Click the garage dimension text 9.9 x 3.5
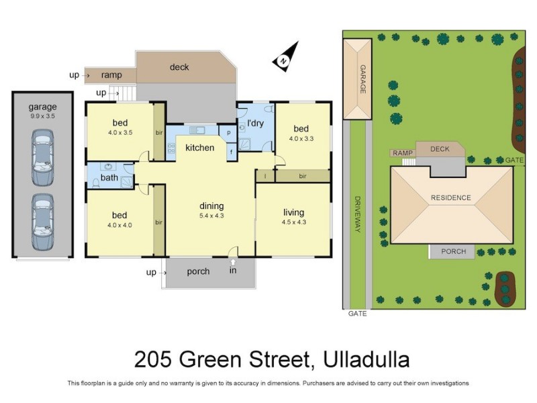[x=42, y=116]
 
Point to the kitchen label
[x=199, y=148]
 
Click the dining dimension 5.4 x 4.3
[x=211, y=216]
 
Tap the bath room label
[x=109, y=177]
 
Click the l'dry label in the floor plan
[x=255, y=124]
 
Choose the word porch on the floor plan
[x=198, y=272]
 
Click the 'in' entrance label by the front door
[x=233, y=271]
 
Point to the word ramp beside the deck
[x=111, y=75]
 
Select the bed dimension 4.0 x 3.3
[x=301, y=139]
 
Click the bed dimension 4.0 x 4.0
[x=119, y=225]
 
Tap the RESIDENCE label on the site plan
[x=451, y=197]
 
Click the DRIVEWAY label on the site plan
[x=357, y=215]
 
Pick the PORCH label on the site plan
[x=452, y=252]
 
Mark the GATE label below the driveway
[x=357, y=314]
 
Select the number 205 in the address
[x=152, y=359]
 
